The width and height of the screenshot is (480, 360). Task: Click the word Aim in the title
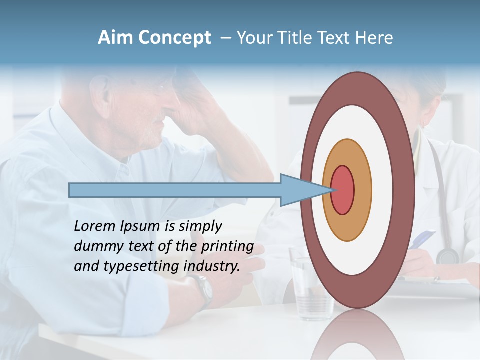(x=115, y=38)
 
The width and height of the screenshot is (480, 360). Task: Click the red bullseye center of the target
(x=343, y=190)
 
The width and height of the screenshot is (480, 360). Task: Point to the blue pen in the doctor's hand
(x=421, y=239)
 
